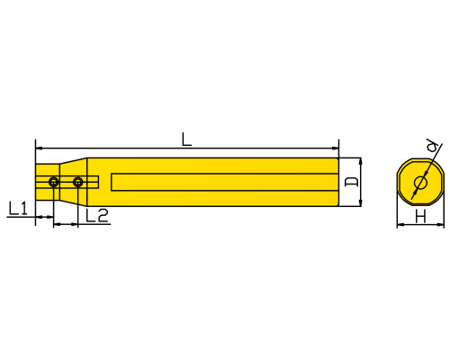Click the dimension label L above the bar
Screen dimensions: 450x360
tap(186, 139)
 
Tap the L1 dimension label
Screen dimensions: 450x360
tap(18, 208)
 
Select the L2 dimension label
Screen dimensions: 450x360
tap(97, 215)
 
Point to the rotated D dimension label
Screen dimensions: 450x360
tap(351, 182)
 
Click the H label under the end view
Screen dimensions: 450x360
tap(420, 216)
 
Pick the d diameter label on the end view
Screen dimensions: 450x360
tap(432, 146)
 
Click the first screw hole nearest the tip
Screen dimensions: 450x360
tap(54, 182)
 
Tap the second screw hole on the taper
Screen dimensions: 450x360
tap(78, 182)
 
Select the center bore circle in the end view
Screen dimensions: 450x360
tap(420, 183)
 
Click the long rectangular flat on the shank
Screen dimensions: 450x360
tap(225, 182)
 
